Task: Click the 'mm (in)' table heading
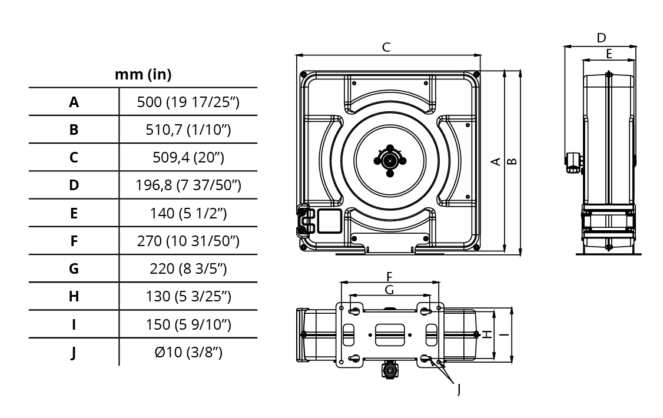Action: [x=143, y=75]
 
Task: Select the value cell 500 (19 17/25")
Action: [x=188, y=102]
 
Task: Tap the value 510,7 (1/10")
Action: [x=188, y=130]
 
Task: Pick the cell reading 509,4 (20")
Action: [x=188, y=158]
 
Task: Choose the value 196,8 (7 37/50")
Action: [x=188, y=185]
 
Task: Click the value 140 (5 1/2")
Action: [x=188, y=214]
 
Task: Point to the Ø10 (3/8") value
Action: [x=188, y=352]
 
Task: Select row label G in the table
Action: [x=74, y=269]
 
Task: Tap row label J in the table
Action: [x=74, y=353]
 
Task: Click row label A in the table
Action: [x=74, y=102]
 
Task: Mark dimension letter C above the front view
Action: [x=386, y=47]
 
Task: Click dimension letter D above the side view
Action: [x=601, y=38]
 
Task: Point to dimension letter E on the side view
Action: [x=609, y=54]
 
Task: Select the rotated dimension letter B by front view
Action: [x=512, y=161]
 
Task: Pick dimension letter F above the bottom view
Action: [x=389, y=277]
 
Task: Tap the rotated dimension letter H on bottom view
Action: [x=487, y=334]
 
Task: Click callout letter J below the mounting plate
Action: [x=459, y=389]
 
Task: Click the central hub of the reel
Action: [x=390, y=161]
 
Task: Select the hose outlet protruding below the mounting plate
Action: [x=389, y=370]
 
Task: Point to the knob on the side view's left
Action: [x=572, y=162]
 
